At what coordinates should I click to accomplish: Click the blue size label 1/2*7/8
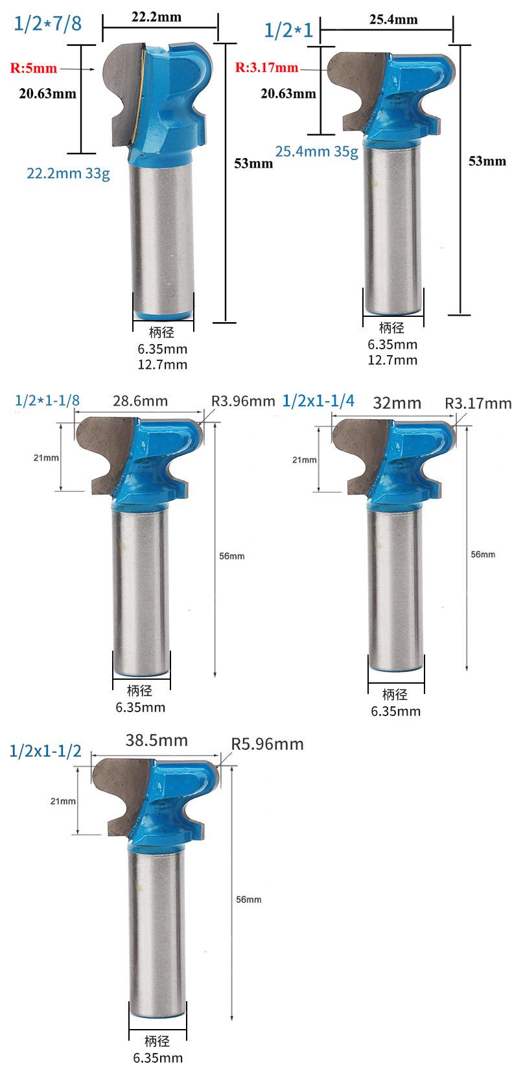pyautogui.click(x=47, y=23)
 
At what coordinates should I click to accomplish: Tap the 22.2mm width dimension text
pyautogui.click(x=157, y=17)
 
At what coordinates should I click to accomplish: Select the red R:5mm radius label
pyautogui.click(x=34, y=68)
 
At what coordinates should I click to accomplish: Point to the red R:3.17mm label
pyautogui.click(x=266, y=67)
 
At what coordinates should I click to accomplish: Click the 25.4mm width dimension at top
pyautogui.click(x=393, y=19)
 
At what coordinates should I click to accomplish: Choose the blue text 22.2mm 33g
pyautogui.click(x=68, y=173)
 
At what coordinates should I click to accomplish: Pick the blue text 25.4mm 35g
pyautogui.click(x=317, y=152)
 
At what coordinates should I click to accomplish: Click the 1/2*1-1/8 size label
pyautogui.click(x=47, y=400)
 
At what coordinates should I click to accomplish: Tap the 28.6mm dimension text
pyautogui.click(x=141, y=400)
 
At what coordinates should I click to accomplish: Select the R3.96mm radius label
pyautogui.click(x=243, y=400)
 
